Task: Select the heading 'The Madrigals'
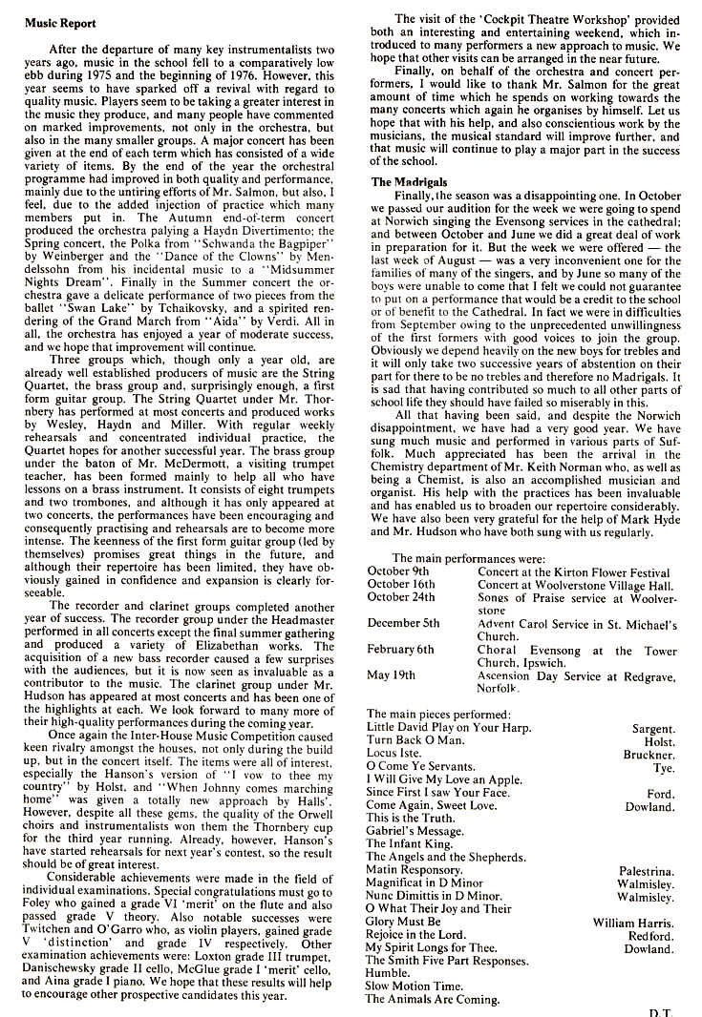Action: click(409, 181)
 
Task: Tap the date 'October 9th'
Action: click(400, 571)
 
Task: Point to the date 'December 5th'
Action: click(404, 623)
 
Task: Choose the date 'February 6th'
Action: click(400, 650)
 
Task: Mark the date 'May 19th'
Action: click(391, 675)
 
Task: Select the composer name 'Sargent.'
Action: click(653, 728)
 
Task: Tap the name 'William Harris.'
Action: click(633, 922)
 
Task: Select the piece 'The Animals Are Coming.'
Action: click(433, 999)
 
